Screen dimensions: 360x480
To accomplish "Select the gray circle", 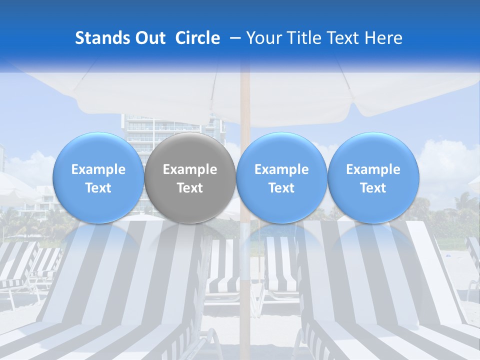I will [x=190, y=178].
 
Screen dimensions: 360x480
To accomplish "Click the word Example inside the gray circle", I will [x=190, y=169].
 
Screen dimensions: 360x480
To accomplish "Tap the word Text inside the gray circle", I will [x=190, y=188].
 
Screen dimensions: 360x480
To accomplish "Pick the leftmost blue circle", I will [x=98, y=178].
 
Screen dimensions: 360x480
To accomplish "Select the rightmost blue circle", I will [x=373, y=178].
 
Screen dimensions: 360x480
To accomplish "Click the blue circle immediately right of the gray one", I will [x=281, y=178].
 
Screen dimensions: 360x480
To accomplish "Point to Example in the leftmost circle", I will [x=98, y=169].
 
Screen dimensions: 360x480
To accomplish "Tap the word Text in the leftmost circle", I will [x=98, y=188].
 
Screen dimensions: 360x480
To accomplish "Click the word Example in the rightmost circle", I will [x=373, y=169].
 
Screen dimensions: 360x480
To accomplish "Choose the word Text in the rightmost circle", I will [x=373, y=188].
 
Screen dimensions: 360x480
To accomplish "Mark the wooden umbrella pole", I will [x=245, y=280].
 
